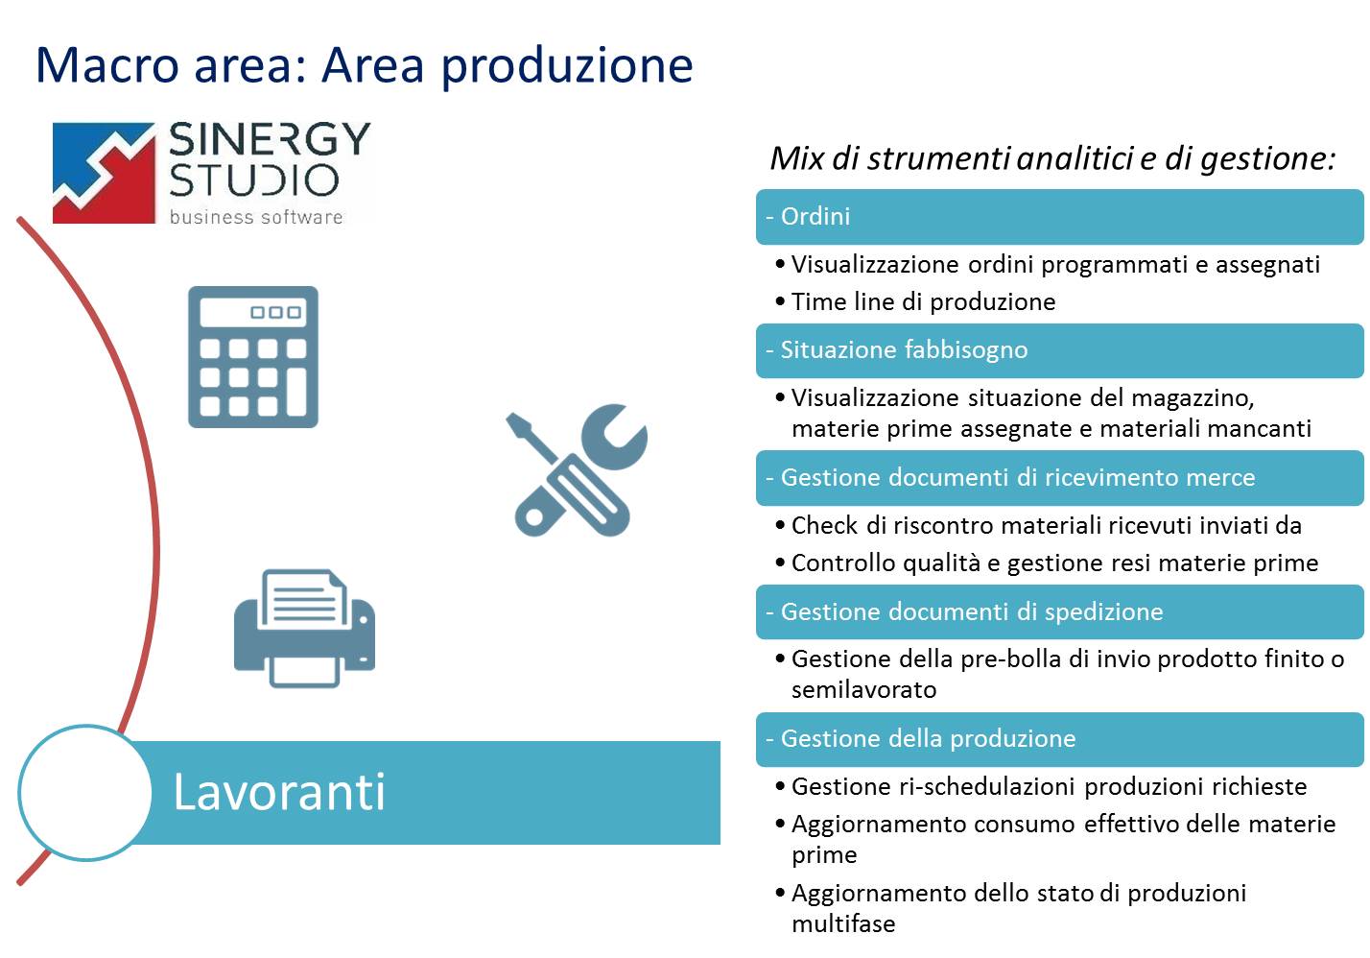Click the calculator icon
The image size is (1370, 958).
tap(253, 357)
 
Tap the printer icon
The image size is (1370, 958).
tap(304, 628)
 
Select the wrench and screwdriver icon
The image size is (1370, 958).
tap(577, 470)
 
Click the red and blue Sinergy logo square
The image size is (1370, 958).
tap(104, 173)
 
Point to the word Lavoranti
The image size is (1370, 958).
tap(279, 792)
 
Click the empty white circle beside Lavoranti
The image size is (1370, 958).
tap(85, 793)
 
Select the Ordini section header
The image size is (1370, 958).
tap(1060, 217)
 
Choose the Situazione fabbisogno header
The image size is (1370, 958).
tap(1060, 350)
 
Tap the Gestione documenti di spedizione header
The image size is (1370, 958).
tap(1060, 611)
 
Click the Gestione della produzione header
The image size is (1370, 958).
tap(1060, 739)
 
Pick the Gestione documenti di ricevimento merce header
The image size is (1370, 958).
tap(1060, 477)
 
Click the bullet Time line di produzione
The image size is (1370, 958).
tap(915, 301)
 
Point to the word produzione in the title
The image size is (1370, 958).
tap(567, 66)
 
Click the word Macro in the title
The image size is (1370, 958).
tap(107, 65)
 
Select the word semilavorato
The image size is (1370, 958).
tap(863, 690)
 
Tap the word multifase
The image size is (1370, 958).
tap(843, 923)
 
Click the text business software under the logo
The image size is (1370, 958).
tap(255, 217)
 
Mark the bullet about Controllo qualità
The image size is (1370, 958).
tap(1047, 563)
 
